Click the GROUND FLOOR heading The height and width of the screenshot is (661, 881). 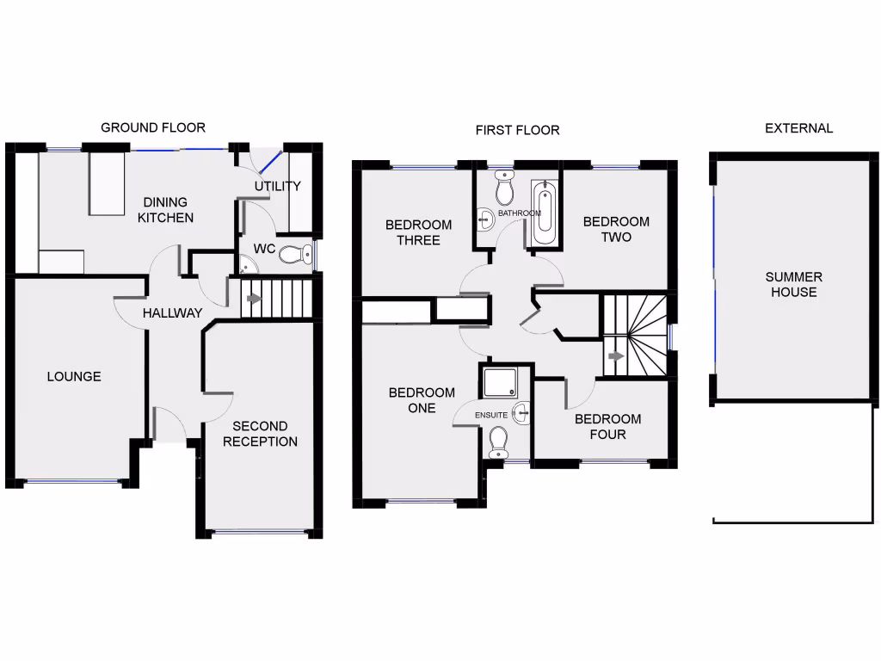click(x=153, y=127)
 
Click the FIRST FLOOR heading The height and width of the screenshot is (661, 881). click(x=517, y=130)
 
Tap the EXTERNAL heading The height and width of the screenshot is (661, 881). click(x=798, y=128)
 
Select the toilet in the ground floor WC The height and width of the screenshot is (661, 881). click(x=295, y=254)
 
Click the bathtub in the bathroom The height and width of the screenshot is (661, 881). click(x=544, y=213)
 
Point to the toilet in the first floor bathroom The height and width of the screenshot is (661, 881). click(x=504, y=188)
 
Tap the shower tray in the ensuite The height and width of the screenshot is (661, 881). click(x=496, y=381)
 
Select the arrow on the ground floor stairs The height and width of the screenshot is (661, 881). click(x=254, y=300)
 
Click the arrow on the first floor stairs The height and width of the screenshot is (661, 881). click(x=616, y=355)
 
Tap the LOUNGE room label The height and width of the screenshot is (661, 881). click(x=74, y=376)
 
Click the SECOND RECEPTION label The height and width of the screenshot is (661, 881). click(x=260, y=434)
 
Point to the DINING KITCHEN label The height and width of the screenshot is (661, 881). click(x=165, y=210)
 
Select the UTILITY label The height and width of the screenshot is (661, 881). click(x=277, y=186)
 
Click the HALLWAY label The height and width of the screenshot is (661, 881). click(x=172, y=313)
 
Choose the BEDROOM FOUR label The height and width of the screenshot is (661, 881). click(x=607, y=426)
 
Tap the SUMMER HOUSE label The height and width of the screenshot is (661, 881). click(x=793, y=284)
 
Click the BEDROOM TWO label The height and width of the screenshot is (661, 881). click(x=616, y=229)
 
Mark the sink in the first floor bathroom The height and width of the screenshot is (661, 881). click(x=484, y=219)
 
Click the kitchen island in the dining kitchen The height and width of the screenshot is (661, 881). click(x=108, y=184)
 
